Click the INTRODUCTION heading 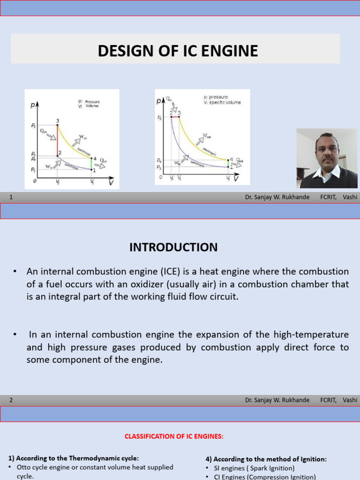(x=173, y=247)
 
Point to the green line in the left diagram (x=91, y=164)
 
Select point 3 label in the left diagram (x=58, y=120)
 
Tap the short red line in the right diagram (x=175, y=117)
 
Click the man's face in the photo (x=327, y=151)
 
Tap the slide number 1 (x=11, y=197)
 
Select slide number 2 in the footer (x=11, y=400)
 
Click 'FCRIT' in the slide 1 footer (x=328, y=197)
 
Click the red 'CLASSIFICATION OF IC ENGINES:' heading (x=174, y=436)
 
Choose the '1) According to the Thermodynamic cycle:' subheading (x=74, y=458)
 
